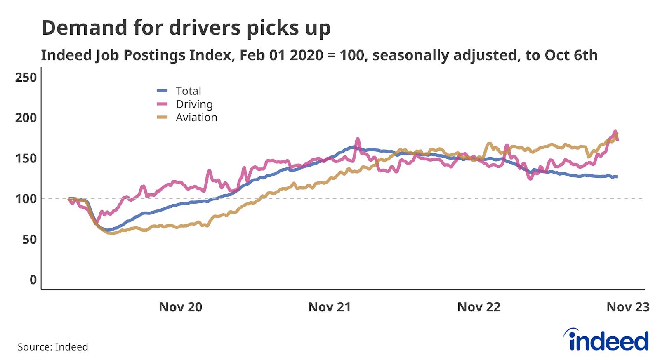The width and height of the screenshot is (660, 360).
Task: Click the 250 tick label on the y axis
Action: click(26, 78)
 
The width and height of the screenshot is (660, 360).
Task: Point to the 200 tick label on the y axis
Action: click(26, 118)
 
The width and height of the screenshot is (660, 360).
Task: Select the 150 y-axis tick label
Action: click(26, 158)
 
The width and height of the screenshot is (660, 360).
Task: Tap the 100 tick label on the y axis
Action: click(26, 199)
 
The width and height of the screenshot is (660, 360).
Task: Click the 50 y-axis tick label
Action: click(29, 239)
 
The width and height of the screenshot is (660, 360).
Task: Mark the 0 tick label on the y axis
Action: click(33, 280)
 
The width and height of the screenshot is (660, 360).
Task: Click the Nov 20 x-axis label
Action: click(180, 307)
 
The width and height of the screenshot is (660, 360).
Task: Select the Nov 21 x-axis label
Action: click(329, 307)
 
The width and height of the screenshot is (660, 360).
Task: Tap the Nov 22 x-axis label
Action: click(478, 307)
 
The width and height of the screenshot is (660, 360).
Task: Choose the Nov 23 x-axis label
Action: click(627, 307)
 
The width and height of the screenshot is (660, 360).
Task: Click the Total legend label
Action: click(189, 91)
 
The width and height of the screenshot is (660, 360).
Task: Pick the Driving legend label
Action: click(194, 104)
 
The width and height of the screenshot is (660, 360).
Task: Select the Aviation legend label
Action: click(196, 118)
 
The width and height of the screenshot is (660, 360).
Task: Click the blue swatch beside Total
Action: click(162, 91)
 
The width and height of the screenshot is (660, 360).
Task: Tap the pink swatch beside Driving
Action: click(162, 104)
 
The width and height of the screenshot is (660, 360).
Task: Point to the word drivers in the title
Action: click(205, 28)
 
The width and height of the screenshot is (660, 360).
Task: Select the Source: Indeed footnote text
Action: click(53, 347)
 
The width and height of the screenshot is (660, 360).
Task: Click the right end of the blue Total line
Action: click(617, 176)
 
